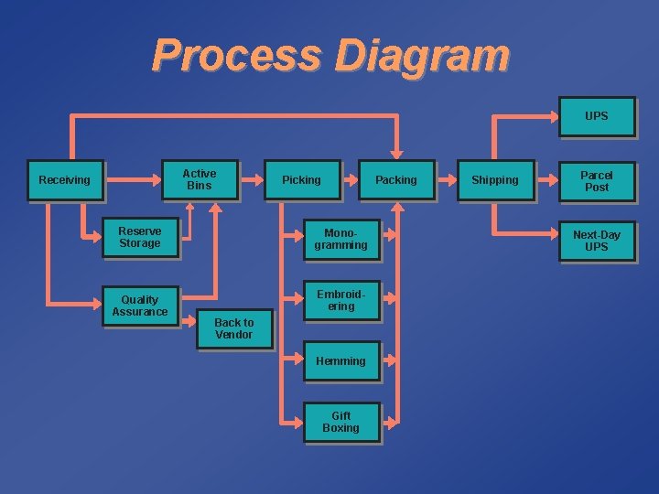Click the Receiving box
[64, 180]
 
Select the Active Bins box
[199, 179]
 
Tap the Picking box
[301, 180]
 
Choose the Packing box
[395, 180]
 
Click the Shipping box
[494, 180]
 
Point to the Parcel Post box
[596, 181]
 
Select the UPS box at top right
[596, 116]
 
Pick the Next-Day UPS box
[596, 241]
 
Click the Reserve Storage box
[139, 238]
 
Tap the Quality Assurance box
[139, 306]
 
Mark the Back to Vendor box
[234, 328]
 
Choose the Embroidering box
[340, 300]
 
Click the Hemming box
[340, 361]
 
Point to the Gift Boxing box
[340, 422]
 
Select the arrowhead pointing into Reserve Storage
[94, 238]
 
